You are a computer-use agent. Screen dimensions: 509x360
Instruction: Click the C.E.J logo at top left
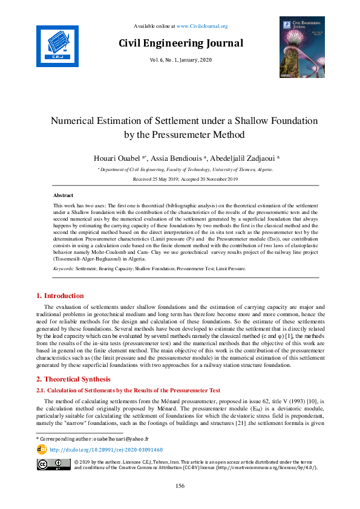(x=57, y=45)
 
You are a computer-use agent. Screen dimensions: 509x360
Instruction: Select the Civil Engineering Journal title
(x=181, y=43)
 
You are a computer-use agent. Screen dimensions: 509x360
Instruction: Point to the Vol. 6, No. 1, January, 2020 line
(x=181, y=60)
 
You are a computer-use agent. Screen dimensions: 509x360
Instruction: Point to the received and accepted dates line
(x=181, y=180)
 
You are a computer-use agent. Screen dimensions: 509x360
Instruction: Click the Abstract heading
(x=64, y=196)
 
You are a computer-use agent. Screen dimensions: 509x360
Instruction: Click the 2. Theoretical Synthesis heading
(x=74, y=379)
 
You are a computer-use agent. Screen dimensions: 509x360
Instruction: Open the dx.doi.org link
(x=106, y=450)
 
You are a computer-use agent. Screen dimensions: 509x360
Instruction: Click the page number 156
(x=180, y=486)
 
